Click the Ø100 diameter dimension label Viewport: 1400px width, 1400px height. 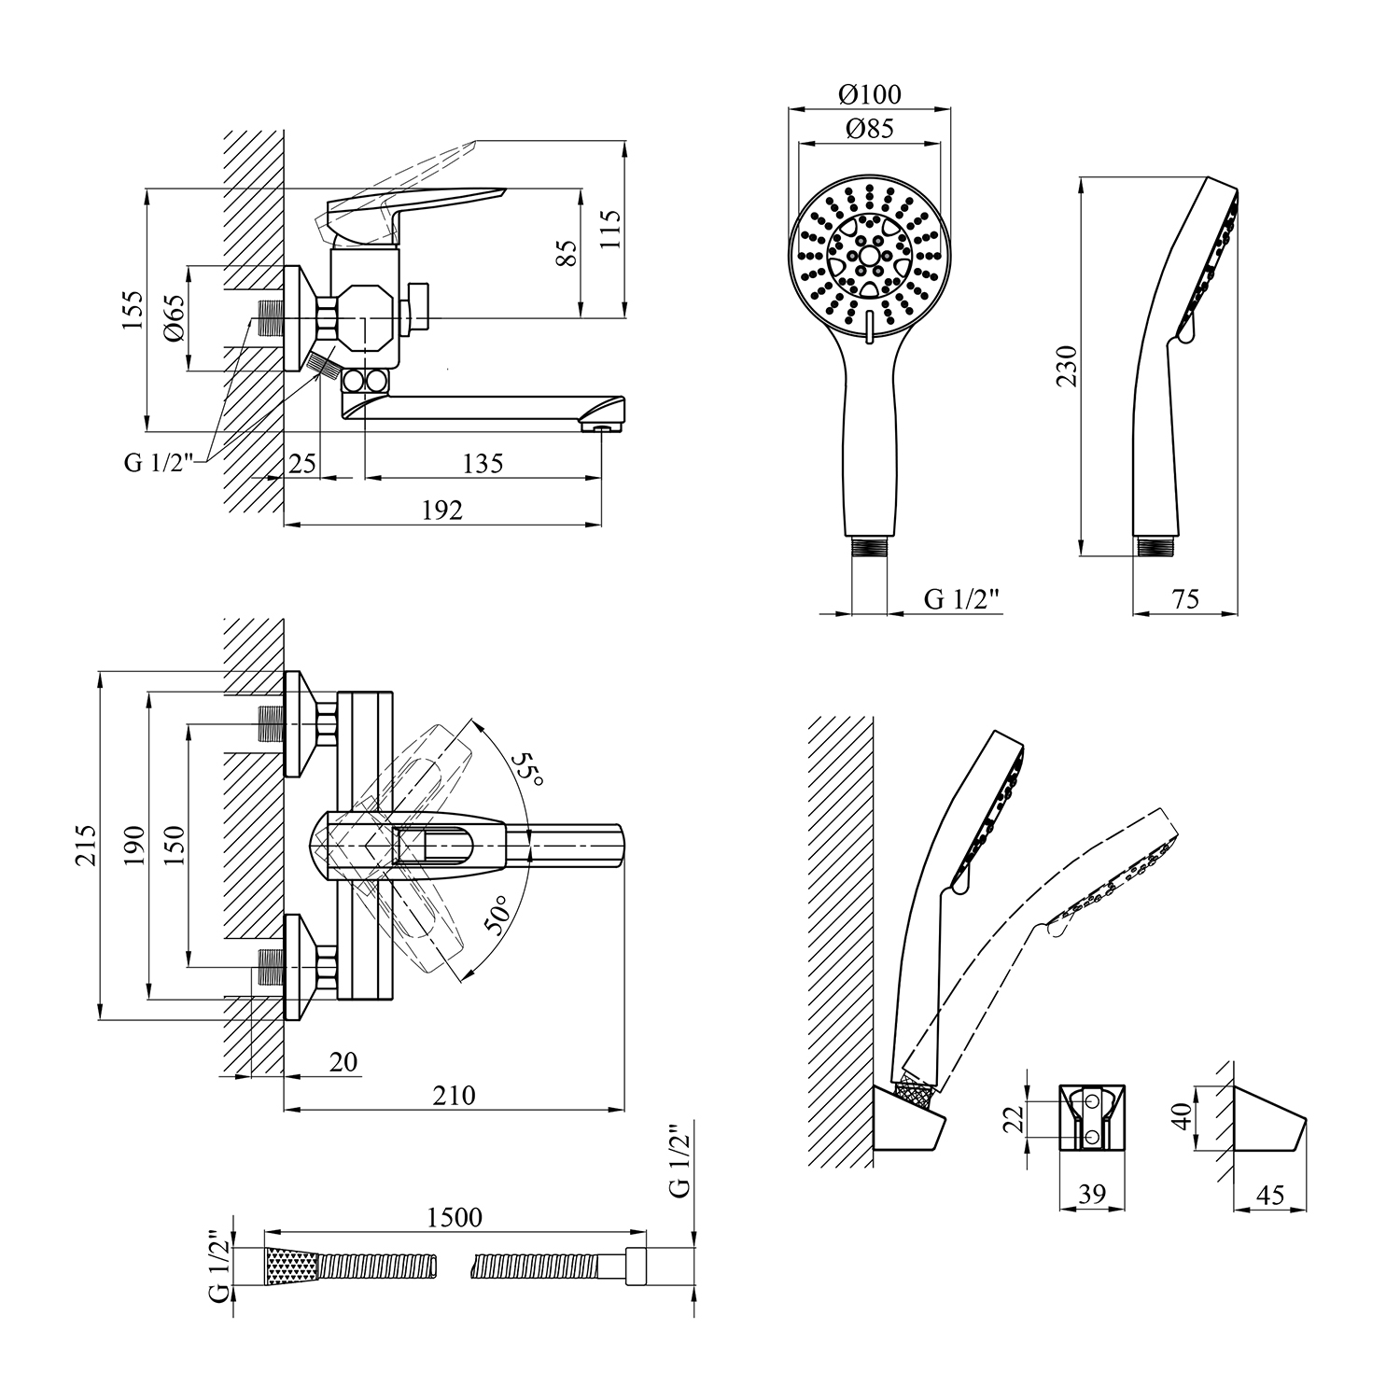click(x=869, y=94)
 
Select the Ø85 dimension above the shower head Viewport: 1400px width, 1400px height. click(x=869, y=129)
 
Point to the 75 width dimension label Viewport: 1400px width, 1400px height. click(x=1185, y=599)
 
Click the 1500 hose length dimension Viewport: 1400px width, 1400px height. click(x=455, y=1217)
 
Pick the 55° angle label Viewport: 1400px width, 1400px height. click(x=527, y=768)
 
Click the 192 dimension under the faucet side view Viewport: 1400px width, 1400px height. click(x=442, y=510)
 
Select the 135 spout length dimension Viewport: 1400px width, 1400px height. click(x=483, y=463)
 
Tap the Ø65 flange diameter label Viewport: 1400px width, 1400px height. click(x=175, y=319)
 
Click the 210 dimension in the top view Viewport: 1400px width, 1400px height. click(x=455, y=1095)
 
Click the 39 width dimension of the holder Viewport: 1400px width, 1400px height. click(x=1092, y=1194)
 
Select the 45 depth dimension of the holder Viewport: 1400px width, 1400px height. click(x=1271, y=1195)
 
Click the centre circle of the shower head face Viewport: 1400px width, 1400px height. click(x=869, y=255)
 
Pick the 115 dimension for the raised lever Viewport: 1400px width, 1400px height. click(x=610, y=228)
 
